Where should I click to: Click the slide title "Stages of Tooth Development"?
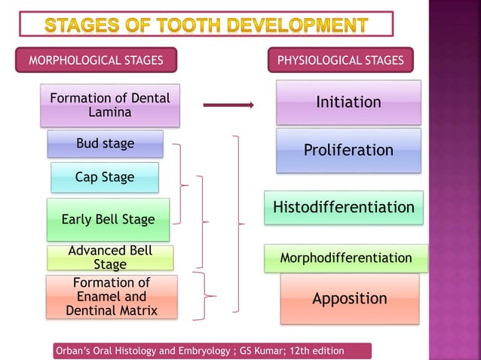[x=206, y=25]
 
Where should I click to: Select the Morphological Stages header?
[x=96, y=60]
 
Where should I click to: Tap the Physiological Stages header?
[x=341, y=60]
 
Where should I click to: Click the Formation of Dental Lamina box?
[x=110, y=105]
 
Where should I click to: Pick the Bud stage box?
[x=105, y=143]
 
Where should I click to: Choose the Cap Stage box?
[x=105, y=178]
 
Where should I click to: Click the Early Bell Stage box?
[x=108, y=220]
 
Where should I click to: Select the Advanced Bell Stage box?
[x=110, y=258]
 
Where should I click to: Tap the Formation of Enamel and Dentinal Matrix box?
[x=111, y=297]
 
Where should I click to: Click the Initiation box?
[x=348, y=102]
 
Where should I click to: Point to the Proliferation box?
[x=348, y=150]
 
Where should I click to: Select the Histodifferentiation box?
[x=343, y=207]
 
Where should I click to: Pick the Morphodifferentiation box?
[x=346, y=258]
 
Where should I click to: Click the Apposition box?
[x=350, y=298]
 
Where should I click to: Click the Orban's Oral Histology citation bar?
[x=213, y=351]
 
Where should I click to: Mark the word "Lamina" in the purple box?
[x=110, y=112]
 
